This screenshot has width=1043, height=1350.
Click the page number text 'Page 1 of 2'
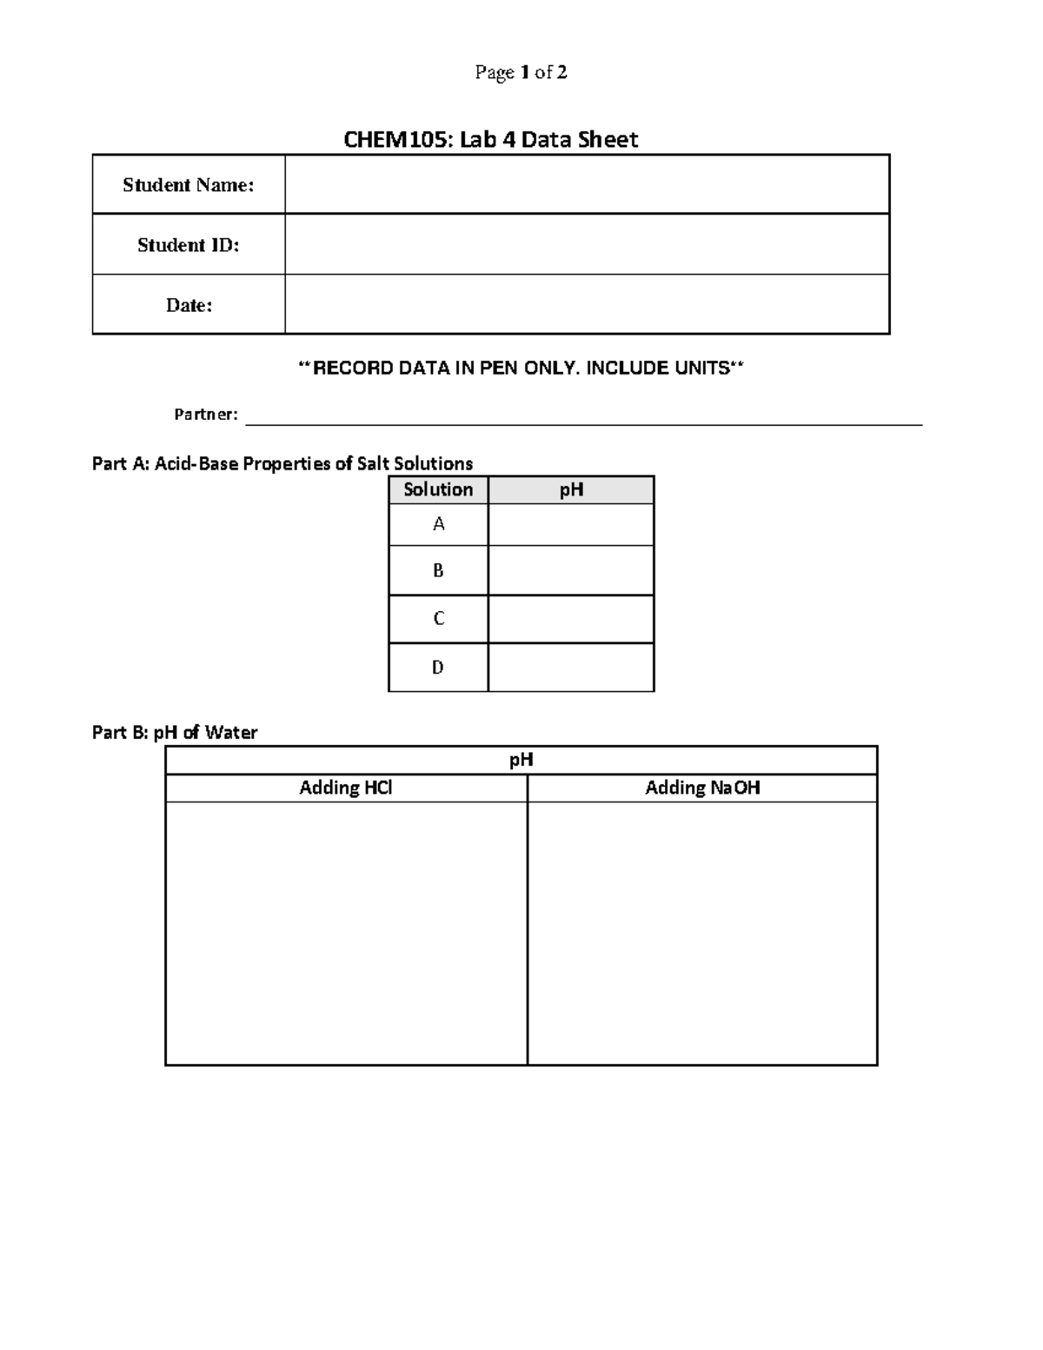521,73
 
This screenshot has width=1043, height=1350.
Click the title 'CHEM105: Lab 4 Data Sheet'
491,140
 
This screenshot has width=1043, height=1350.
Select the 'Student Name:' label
189,184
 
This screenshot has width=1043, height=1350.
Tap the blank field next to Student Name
587,184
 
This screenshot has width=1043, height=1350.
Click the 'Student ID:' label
189,245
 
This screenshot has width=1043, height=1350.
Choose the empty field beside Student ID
587,245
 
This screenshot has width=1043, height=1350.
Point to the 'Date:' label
189,305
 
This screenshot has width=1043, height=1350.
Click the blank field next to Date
587,305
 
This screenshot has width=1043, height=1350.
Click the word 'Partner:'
206,415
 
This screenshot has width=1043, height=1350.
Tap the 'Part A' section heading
282,463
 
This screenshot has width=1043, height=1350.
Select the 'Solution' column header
438,489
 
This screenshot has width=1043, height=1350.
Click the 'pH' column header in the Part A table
571,489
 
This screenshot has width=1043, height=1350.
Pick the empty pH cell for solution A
571,524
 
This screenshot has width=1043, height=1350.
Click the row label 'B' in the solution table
438,570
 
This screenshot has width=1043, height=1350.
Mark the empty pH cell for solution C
571,619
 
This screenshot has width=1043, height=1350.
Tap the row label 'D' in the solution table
438,668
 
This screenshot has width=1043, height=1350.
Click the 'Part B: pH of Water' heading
175,733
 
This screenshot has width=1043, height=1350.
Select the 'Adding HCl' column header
346,788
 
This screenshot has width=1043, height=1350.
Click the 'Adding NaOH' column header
702,788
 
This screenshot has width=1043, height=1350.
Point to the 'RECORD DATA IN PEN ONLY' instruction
521,369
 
